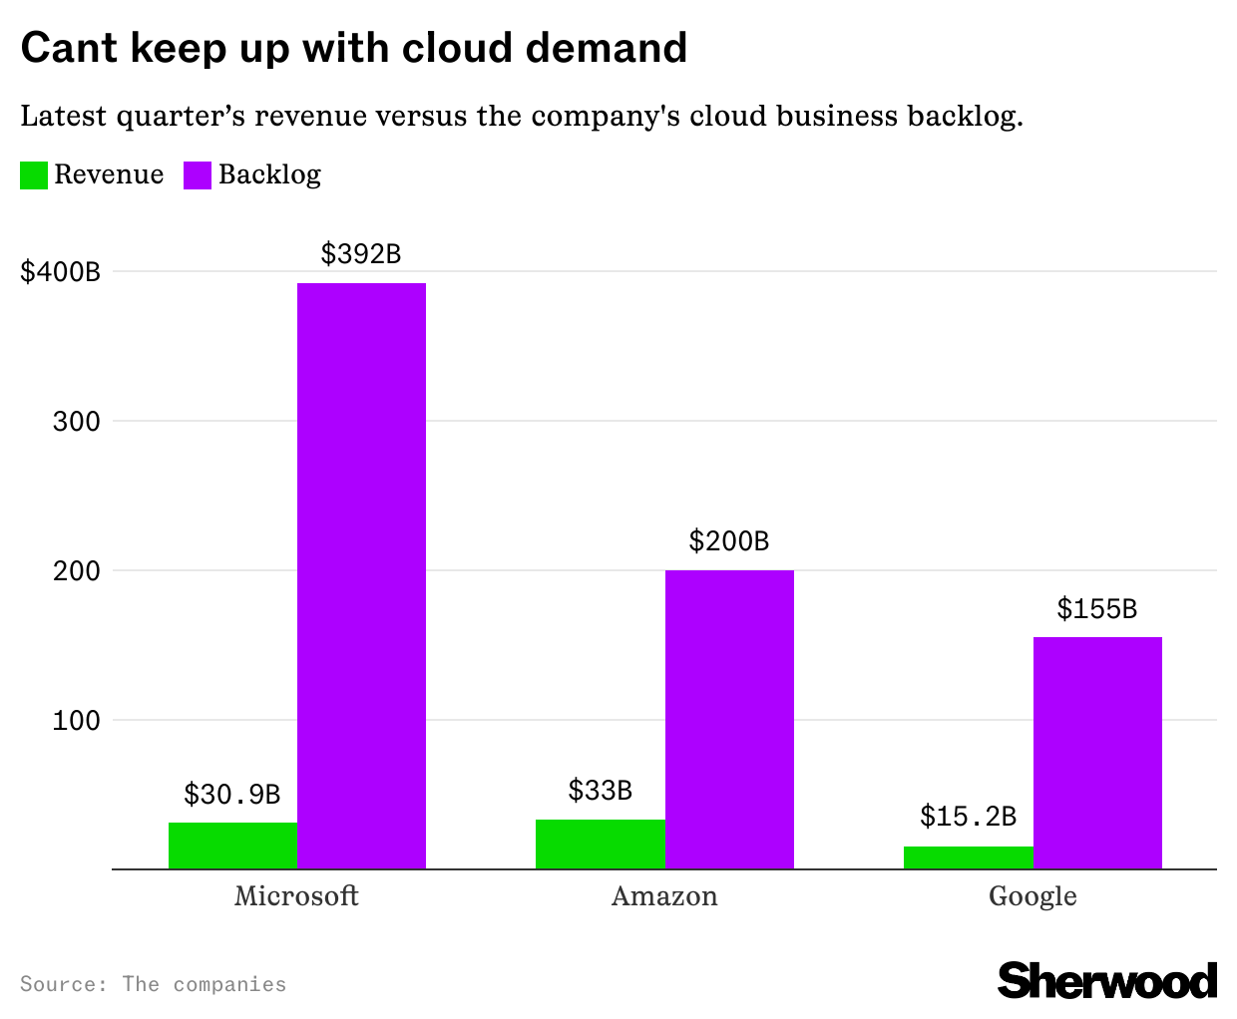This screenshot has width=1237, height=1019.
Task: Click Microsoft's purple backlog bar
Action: point(361,576)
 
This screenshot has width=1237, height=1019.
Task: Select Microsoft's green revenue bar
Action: point(232,846)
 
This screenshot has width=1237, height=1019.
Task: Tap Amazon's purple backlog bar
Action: point(729,719)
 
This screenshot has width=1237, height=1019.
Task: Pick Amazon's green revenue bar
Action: point(601,844)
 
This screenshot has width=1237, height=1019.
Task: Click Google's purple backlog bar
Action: point(1097,753)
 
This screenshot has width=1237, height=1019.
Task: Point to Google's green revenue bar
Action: point(968,857)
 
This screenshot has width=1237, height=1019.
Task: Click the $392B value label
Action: point(361,254)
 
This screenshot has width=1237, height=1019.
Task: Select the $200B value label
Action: point(729,541)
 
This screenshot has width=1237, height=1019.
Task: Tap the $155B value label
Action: point(1097,608)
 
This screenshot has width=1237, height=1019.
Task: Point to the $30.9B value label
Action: point(232,795)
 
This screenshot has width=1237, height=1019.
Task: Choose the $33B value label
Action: point(601,791)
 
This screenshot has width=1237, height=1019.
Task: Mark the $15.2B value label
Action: point(968,817)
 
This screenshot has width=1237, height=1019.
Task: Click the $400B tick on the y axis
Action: point(61,271)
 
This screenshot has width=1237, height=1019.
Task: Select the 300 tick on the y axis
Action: point(77,421)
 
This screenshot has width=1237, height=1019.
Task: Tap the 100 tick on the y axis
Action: point(77,720)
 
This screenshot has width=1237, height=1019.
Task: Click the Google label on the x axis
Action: point(1032,896)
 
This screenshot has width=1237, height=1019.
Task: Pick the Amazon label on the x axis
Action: point(664,896)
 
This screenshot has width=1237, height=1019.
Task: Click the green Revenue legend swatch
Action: point(34,175)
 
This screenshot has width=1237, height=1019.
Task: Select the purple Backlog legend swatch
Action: point(198,175)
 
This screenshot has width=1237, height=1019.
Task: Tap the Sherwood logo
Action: point(1107,981)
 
